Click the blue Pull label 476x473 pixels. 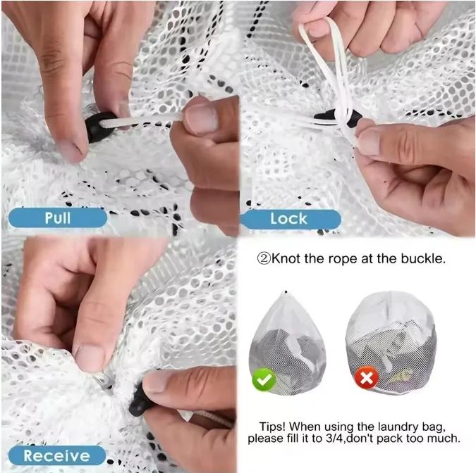[57, 217]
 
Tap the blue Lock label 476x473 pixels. [289, 218]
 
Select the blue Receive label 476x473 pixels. [56, 455]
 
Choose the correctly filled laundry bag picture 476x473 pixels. [287, 337]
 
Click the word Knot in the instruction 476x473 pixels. [286, 258]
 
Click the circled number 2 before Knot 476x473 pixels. [263, 258]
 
